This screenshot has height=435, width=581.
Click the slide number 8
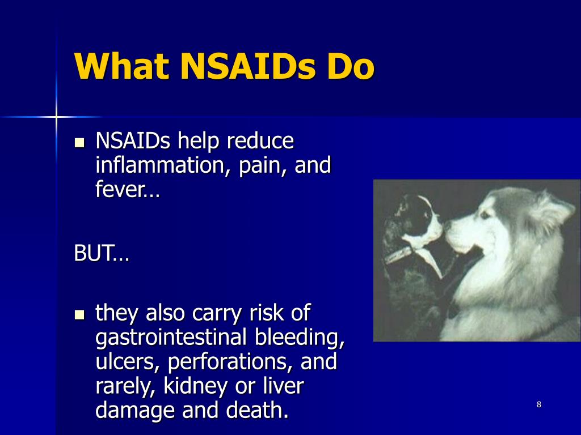tap(538, 404)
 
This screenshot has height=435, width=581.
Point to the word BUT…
tap(102, 254)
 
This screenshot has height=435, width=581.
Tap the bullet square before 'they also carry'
tap(79, 313)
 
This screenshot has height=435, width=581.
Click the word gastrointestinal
tap(171, 338)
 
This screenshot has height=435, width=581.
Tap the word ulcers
tap(127, 362)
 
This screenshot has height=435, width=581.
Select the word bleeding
tap(299, 338)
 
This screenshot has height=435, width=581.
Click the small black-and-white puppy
tap(414, 227)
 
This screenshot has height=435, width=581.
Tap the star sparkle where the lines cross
tap(56, 117)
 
